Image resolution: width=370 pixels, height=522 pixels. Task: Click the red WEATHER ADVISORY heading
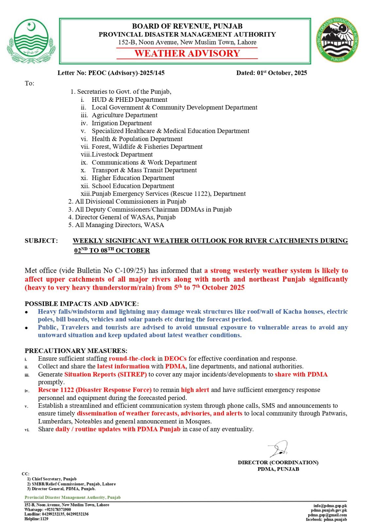click(187, 54)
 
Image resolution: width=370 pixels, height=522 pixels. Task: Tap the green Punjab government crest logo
click(31, 40)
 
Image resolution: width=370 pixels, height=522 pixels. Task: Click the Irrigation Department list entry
click(122, 123)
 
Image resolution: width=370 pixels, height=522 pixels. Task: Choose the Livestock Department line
click(122, 154)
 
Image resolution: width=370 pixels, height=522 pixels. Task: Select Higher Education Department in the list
click(133, 178)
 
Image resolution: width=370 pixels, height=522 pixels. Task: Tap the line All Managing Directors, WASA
click(119, 225)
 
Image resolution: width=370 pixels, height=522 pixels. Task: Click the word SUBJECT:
click(41, 241)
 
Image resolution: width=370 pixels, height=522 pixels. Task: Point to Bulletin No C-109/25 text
click(111, 270)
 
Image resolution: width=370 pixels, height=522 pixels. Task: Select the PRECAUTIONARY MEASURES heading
click(76, 351)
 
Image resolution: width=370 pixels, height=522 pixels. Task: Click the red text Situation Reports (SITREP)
click(106, 374)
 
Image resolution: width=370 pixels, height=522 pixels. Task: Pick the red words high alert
click(195, 390)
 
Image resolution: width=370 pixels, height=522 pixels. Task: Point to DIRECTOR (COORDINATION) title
click(278, 462)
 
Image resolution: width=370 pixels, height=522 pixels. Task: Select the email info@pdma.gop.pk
click(330, 506)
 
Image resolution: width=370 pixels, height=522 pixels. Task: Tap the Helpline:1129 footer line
click(36, 519)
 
